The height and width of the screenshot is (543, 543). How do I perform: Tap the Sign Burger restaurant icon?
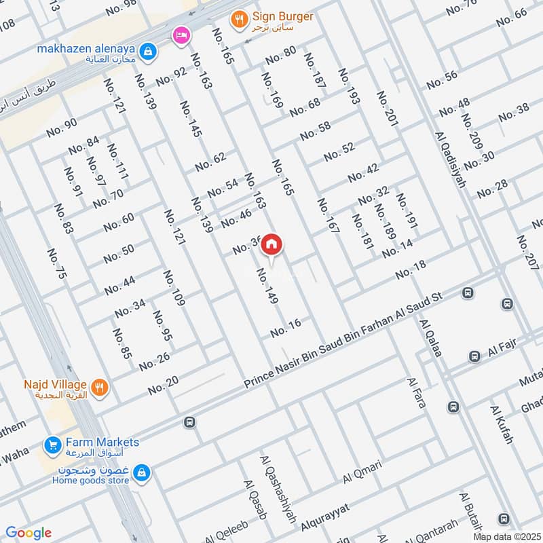pos(238,20)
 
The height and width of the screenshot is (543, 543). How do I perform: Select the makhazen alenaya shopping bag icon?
pos(146,51)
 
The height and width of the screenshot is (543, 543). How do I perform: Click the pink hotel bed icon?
pos(180,34)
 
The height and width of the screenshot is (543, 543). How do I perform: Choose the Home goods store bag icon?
pos(142,471)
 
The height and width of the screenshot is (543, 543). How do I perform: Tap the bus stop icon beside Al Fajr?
pos(475,356)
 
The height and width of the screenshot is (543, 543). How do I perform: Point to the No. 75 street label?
pos(58,265)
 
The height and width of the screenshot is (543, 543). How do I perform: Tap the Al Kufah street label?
pos(502,425)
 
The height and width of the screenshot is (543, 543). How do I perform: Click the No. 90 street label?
pos(62,128)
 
